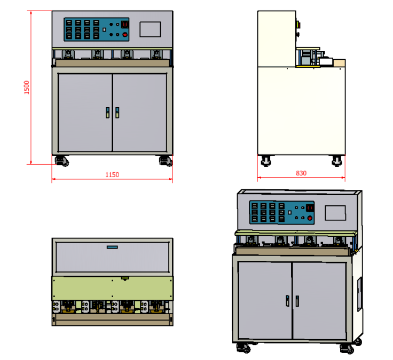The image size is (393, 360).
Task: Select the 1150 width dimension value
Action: click(x=112, y=174)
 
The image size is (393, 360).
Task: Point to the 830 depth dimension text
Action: click(x=301, y=173)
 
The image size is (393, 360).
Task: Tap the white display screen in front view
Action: click(x=150, y=29)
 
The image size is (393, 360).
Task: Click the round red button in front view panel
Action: click(x=125, y=35)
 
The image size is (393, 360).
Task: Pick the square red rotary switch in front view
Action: click(x=125, y=25)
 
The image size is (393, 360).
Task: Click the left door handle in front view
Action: click(x=107, y=113)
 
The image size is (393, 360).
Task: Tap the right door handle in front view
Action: click(x=117, y=113)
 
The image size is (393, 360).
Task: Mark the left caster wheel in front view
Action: click(x=62, y=160)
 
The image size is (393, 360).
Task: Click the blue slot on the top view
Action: click(x=112, y=247)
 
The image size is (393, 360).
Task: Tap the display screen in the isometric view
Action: click(x=336, y=213)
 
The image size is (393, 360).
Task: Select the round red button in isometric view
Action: click(x=309, y=218)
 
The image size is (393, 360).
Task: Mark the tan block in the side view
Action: click(x=339, y=63)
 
